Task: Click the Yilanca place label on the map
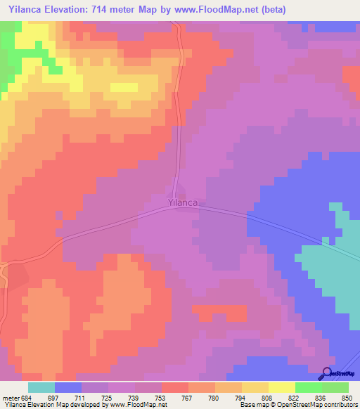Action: pos(183,202)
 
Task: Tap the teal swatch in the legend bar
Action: pos(41,387)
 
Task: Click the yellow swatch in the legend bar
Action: pos(281,387)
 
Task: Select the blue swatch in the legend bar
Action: pos(68,387)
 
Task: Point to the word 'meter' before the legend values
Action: pos(10,397)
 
